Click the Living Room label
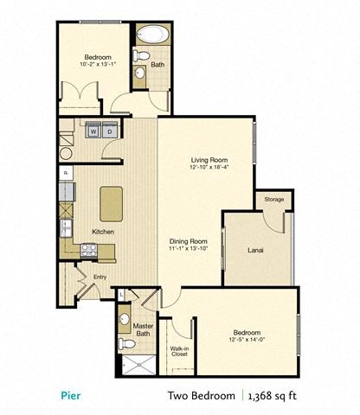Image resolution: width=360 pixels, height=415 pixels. (x=208, y=160)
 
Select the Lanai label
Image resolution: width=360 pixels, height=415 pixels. (x=255, y=250)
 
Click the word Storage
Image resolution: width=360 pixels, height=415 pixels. (x=273, y=200)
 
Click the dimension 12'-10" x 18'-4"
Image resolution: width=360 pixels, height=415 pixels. (x=208, y=169)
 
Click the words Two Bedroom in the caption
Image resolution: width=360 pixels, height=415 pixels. (x=201, y=396)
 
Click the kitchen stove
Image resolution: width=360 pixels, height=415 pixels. (x=87, y=249)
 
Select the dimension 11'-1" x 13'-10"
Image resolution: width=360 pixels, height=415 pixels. (x=187, y=249)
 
